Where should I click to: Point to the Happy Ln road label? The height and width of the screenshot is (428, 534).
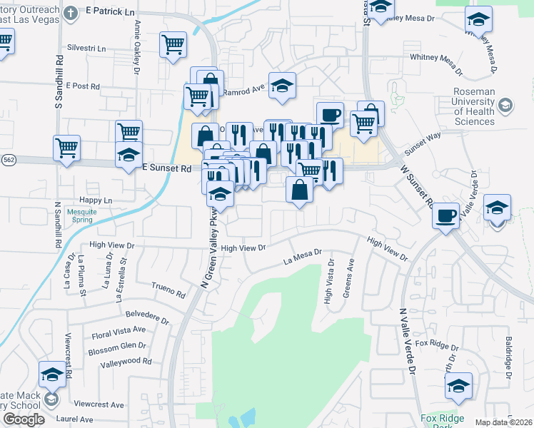(x=96, y=201)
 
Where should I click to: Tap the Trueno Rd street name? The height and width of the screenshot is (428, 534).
(x=168, y=291)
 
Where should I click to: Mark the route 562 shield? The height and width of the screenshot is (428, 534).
(x=7, y=160)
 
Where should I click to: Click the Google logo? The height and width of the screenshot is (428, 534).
(x=24, y=419)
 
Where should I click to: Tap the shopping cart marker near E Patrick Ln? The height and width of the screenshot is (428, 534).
(x=173, y=44)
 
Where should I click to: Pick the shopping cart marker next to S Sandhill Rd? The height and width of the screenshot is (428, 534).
(x=66, y=148)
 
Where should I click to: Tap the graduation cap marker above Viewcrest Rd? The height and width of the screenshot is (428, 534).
(x=52, y=374)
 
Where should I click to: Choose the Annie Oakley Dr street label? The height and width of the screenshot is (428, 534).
(x=135, y=47)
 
